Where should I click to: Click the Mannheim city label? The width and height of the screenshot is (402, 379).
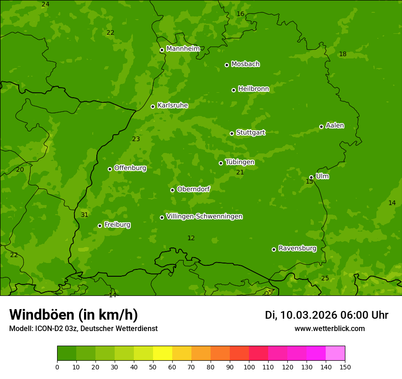pos(183,49)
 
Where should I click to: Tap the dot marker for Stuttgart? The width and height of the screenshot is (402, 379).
pos(232,133)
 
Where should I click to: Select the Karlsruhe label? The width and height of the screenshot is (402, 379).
pos(172,105)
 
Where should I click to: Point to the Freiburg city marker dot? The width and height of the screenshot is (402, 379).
pos(100,226)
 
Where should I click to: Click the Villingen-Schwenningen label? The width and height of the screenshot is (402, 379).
pos(204,216)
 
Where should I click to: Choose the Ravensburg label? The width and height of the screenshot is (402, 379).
pos(297,248)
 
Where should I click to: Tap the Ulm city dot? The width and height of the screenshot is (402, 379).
pos(311,177)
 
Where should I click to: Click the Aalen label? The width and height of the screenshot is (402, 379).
pos(334,126)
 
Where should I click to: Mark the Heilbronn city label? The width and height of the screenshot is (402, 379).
pos(253,89)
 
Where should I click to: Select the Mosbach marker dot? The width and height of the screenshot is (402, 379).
pos(227,65)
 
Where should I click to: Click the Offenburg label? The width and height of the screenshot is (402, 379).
pos(130,168)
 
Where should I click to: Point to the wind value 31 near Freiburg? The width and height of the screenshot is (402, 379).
pos(85,215)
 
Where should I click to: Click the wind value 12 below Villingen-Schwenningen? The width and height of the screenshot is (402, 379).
pos(191,238)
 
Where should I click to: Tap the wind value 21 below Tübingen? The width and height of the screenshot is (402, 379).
pos(240,172)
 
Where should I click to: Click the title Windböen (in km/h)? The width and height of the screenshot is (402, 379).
pos(73,315)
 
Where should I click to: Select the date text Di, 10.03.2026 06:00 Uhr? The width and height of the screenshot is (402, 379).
pos(326,315)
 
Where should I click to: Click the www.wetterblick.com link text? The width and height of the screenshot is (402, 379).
pos(329,328)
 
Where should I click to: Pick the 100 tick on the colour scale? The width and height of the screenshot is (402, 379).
pos(249,366)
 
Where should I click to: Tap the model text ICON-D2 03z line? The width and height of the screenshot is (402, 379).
pos(83,328)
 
